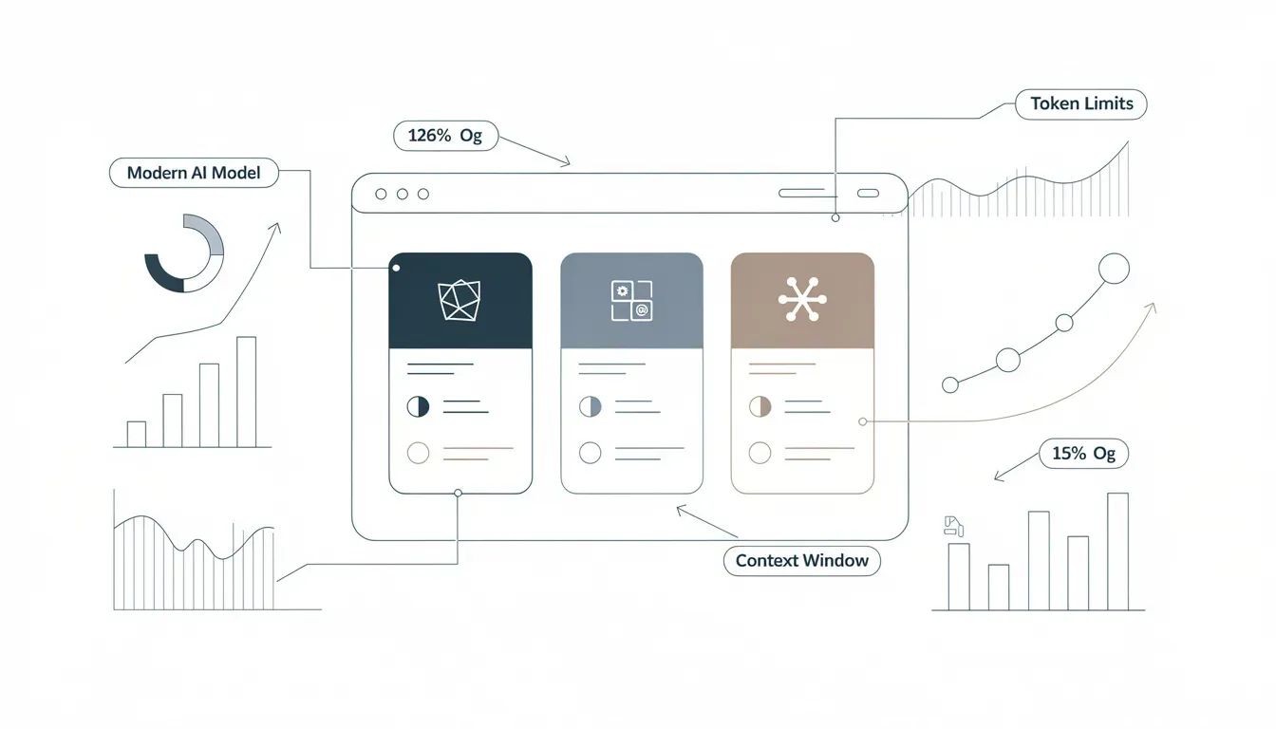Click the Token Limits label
click(x=1081, y=104)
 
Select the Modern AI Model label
click(x=194, y=173)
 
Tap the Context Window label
click(x=802, y=561)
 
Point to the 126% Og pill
click(x=445, y=136)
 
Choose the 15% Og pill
click(x=1083, y=454)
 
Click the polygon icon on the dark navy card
click(x=460, y=300)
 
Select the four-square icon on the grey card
click(x=631, y=300)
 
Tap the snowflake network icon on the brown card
click(x=802, y=300)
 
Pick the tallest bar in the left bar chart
click(x=247, y=392)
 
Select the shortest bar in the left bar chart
click(x=136, y=434)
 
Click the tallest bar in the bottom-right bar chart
click(x=1117, y=551)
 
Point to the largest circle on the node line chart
click(x=1114, y=269)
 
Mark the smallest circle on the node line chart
click(x=950, y=385)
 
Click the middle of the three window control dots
click(x=403, y=195)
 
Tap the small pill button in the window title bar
click(x=868, y=193)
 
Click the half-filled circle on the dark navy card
click(x=418, y=406)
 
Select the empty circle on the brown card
click(x=760, y=454)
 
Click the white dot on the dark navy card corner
click(x=397, y=268)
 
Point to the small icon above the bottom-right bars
click(x=953, y=526)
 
